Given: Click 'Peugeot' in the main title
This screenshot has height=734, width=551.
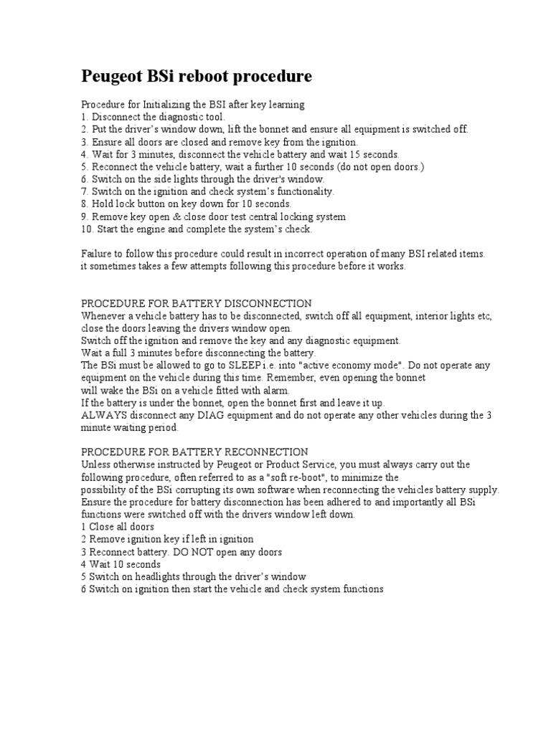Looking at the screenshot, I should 114,77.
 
